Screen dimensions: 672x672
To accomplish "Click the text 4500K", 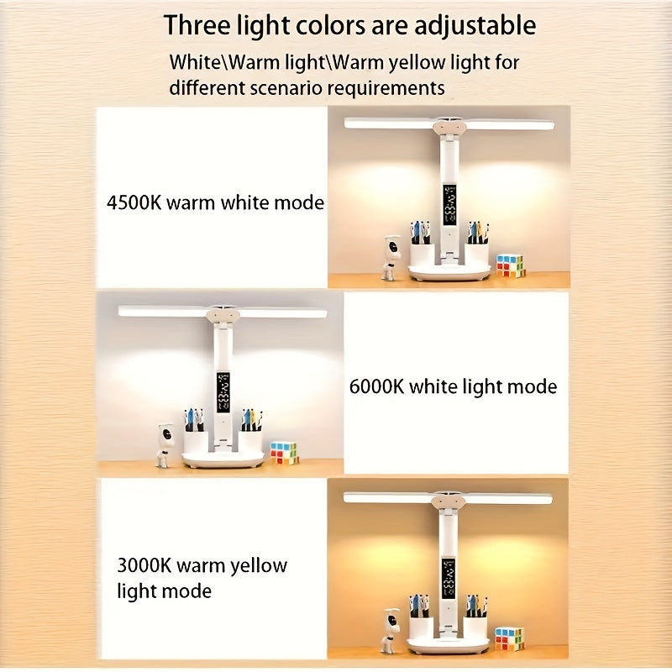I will tap(134, 202).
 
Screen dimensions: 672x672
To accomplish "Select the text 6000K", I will tap(377, 386).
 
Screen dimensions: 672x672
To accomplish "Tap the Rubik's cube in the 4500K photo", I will tap(509, 265).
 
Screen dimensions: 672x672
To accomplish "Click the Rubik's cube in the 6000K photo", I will tap(284, 453).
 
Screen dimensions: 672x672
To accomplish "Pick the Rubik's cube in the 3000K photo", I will tap(509, 638).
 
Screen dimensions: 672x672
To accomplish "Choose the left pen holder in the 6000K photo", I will tap(196, 438).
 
